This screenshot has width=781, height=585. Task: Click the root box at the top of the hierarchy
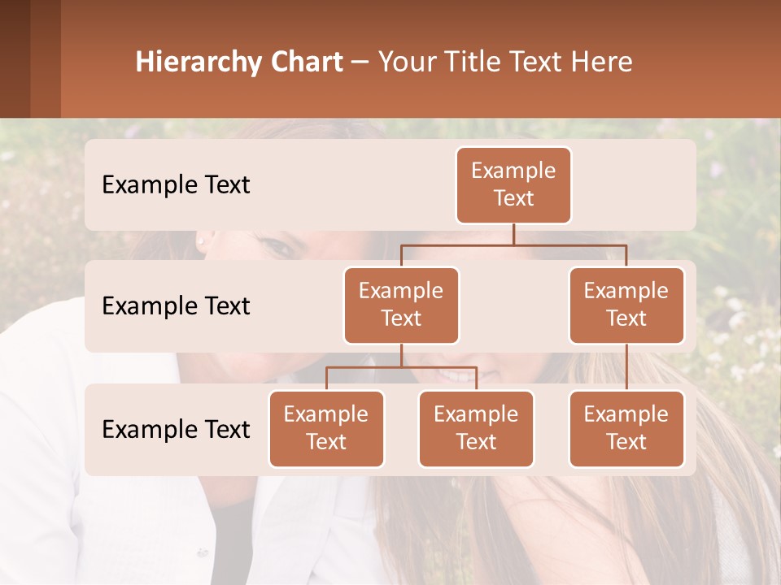pyautogui.click(x=513, y=184)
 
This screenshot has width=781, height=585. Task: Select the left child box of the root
pyautogui.click(x=401, y=305)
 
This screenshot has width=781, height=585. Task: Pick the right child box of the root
pyautogui.click(x=626, y=305)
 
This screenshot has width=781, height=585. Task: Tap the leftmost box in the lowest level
pyautogui.click(x=326, y=428)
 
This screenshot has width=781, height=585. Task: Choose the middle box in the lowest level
pyautogui.click(x=476, y=428)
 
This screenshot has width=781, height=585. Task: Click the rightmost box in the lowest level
pyautogui.click(x=626, y=428)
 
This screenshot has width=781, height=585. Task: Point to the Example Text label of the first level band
pyautogui.click(x=176, y=184)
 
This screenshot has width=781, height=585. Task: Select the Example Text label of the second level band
pyautogui.click(x=176, y=305)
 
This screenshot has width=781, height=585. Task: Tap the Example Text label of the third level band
pyautogui.click(x=176, y=429)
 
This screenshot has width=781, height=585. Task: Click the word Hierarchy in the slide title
pyautogui.click(x=199, y=63)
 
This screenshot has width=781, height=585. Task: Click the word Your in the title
pyautogui.click(x=408, y=63)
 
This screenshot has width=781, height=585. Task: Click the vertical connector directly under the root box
pyautogui.click(x=513, y=234)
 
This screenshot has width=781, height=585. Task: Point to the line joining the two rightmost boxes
pyautogui.click(x=626, y=367)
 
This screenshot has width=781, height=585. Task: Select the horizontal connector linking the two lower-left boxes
pyautogui.click(x=401, y=367)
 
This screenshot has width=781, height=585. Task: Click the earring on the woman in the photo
pyautogui.click(x=200, y=241)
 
